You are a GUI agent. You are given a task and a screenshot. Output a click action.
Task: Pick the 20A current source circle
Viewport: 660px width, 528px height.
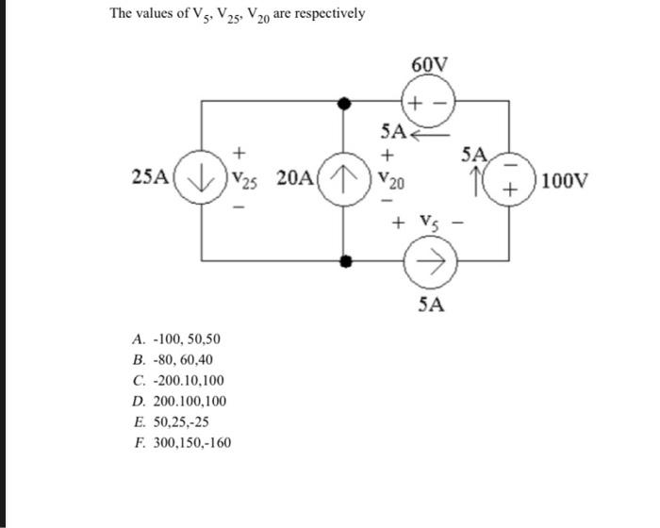[345, 177]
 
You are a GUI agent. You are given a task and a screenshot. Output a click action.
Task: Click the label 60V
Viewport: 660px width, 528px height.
[430, 65]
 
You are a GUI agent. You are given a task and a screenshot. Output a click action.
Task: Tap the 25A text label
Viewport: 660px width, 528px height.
[152, 176]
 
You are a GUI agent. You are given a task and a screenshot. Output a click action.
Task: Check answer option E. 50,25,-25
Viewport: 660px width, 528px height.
[171, 421]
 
